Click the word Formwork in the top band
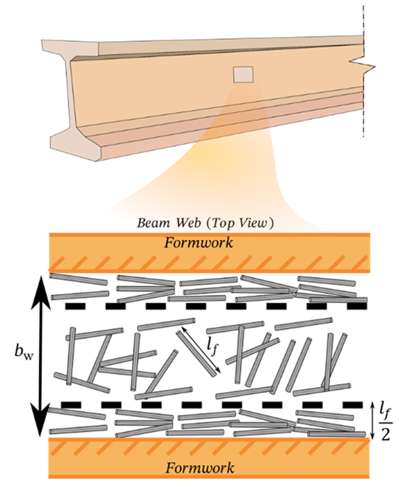[199, 243]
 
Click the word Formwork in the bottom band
[199, 468]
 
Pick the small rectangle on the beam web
[243, 74]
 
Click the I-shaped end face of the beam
[74, 99]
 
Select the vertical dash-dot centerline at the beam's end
[363, 71]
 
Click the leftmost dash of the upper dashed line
[75, 307]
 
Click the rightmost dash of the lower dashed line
[353, 405]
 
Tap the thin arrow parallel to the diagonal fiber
[201, 349]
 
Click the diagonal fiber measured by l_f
[196, 354]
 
